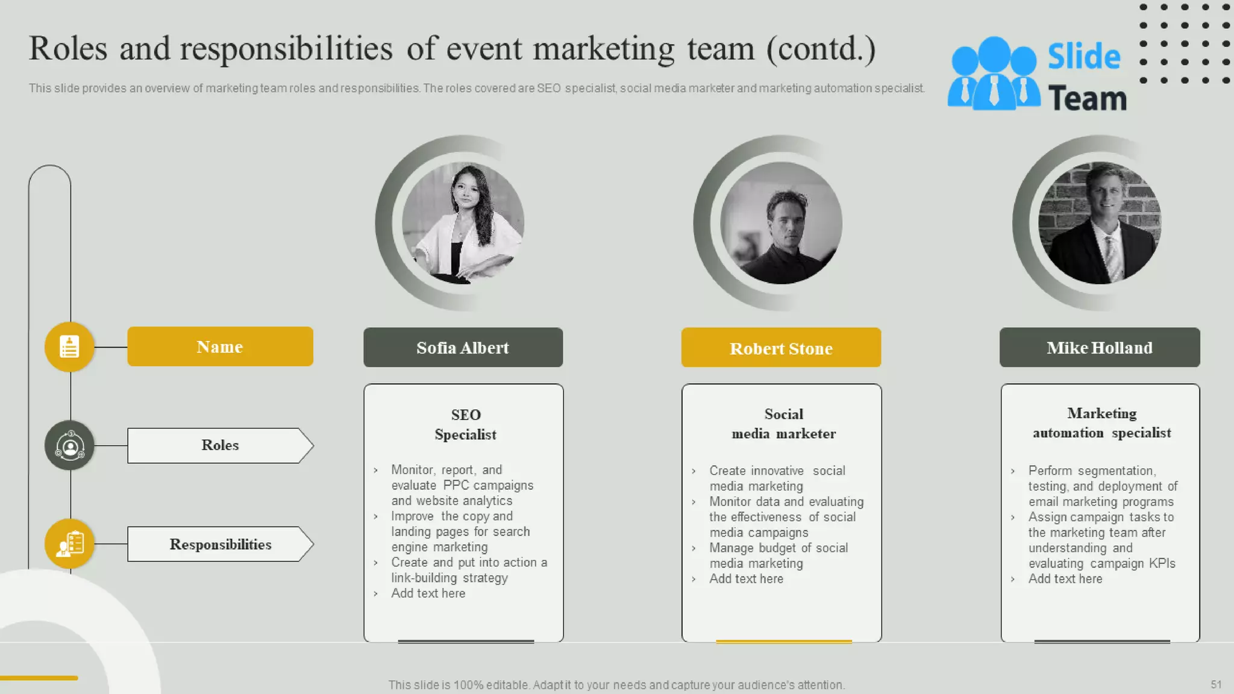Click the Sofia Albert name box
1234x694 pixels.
point(463,348)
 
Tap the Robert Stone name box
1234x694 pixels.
point(781,348)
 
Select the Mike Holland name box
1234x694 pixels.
point(1100,348)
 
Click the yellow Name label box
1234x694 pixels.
point(220,346)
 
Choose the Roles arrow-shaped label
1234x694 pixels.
point(220,445)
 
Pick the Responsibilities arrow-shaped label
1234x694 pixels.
point(220,544)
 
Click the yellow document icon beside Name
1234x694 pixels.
point(69,346)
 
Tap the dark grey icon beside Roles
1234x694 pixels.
point(69,446)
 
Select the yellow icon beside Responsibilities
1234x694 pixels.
point(69,544)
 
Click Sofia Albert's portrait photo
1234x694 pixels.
point(463,223)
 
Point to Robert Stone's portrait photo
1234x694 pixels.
point(781,223)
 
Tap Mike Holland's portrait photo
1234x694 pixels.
point(1100,223)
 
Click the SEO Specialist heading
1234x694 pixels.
point(465,424)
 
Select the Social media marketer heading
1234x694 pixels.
point(783,424)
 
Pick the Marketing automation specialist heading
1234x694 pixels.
point(1101,423)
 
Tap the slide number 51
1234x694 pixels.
point(1216,684)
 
